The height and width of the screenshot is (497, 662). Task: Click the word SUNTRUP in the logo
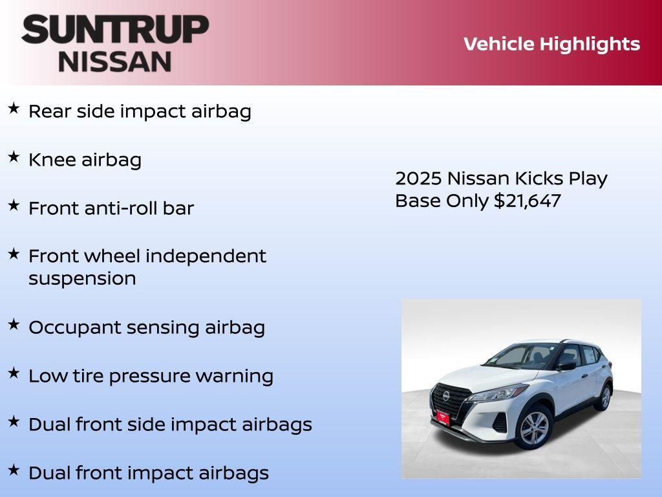(115, 29)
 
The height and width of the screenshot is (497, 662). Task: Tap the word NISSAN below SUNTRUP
(115, 61)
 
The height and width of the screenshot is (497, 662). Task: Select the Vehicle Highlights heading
(551, 44)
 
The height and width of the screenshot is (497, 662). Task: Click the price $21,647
(527, 201)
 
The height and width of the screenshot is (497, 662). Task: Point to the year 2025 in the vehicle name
(418, 178)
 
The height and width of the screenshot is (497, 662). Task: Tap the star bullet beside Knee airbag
(14, 157)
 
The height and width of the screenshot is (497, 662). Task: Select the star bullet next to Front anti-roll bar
(14, 206)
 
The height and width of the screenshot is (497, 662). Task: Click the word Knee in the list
(52, 160)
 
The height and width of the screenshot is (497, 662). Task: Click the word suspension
(82, 279)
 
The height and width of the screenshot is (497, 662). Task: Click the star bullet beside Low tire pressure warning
(14, 373)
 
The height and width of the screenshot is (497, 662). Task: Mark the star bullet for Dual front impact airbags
(14, 470)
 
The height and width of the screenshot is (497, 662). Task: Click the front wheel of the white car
(533, 428)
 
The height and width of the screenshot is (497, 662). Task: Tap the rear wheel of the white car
(605, 397)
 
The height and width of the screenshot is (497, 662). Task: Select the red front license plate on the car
(443, 417)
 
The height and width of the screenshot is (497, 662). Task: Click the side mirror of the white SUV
(566, 366)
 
